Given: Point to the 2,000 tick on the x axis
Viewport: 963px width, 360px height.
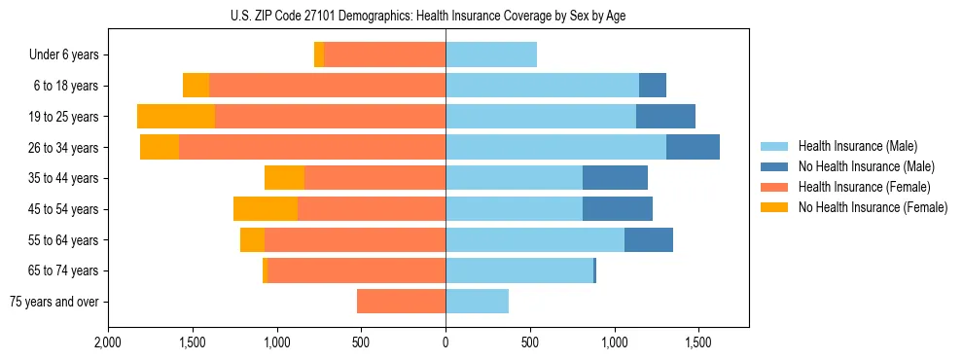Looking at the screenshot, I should click(108, 343).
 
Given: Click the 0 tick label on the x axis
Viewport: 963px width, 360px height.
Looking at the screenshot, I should click(446, 343).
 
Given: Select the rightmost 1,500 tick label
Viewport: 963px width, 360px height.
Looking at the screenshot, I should click(698, 343).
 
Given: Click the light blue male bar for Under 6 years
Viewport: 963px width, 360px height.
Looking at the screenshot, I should click(491, 54).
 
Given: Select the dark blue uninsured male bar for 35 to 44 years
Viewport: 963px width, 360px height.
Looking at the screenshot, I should click(615, 178).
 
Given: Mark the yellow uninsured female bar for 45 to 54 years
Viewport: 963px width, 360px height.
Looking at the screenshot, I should click(266, 209).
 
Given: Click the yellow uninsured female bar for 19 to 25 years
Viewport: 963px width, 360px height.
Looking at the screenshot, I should click(176, 117).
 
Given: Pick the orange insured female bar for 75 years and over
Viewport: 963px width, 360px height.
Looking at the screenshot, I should click(401, 302).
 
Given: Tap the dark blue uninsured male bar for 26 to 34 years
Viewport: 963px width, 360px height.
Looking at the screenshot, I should click(693, 147).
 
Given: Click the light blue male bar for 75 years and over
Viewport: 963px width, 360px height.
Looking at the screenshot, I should click(477, 302).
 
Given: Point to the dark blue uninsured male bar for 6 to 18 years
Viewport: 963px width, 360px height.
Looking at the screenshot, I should click(653, 86).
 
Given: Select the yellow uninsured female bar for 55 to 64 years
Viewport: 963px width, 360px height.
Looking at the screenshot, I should click(252, 239).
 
